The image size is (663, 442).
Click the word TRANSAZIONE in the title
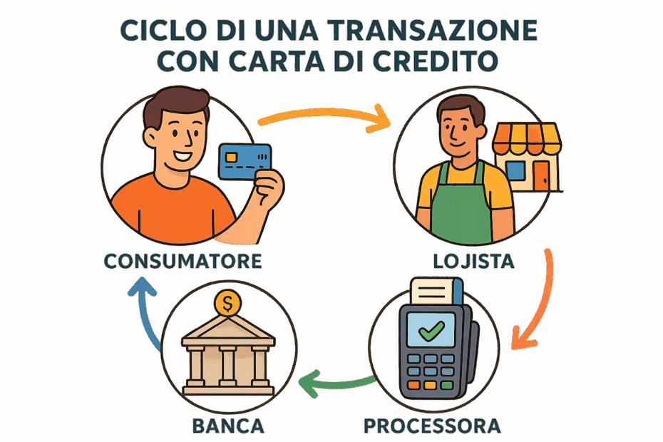point(432,30)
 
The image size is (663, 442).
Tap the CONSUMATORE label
point(183,261)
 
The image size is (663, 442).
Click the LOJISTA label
point(473,261)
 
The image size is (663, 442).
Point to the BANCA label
point(228,426)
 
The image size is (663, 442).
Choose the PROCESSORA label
point(432,426)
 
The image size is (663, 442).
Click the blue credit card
point(245,161)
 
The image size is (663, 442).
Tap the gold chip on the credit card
point(231,158)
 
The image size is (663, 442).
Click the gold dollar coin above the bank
point(227,303)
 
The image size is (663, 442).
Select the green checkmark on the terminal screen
point(431,331)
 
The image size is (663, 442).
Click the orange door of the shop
point(541,175)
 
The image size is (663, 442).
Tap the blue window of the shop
point(515,170)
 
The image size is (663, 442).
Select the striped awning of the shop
point(526,138)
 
